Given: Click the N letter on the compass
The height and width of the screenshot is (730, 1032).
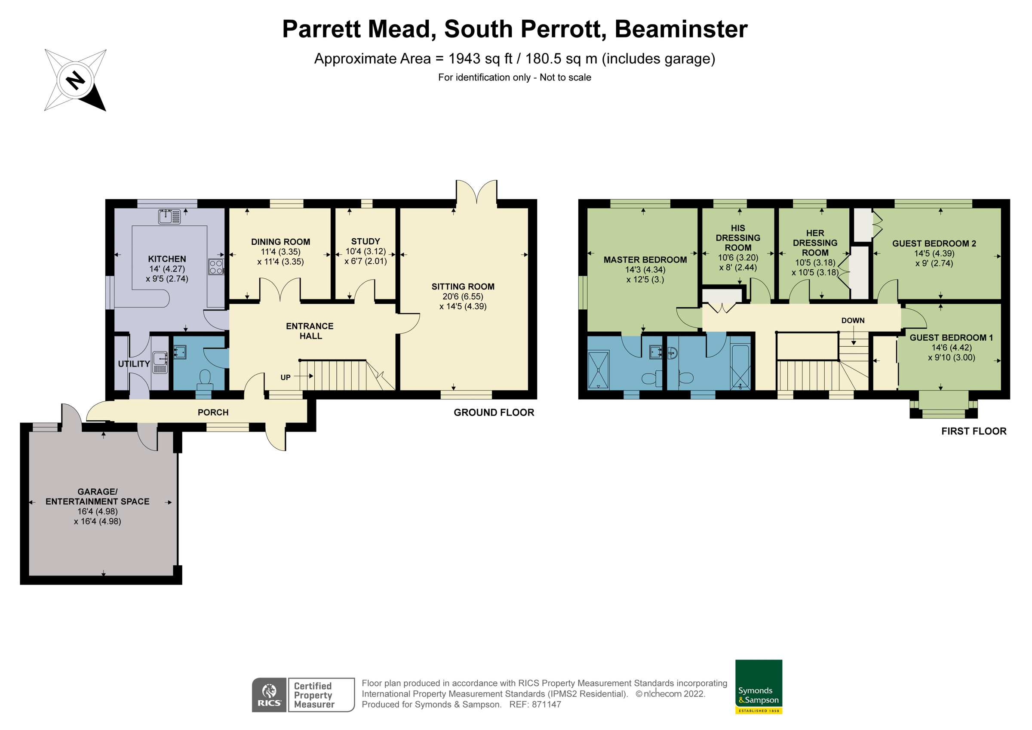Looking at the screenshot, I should [76, 80].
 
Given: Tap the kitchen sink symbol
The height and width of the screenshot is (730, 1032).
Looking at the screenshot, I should [169, 216].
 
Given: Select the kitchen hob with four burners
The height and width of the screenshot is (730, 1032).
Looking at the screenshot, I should [216, 267].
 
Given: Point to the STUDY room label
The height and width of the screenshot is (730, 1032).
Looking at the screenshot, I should [365, 241].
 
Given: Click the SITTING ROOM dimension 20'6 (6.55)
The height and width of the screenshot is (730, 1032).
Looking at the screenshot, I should [463, 296].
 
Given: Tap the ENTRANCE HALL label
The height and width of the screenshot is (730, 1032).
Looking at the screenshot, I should [310, 331].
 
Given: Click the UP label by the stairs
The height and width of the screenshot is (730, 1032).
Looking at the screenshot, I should [286, 377].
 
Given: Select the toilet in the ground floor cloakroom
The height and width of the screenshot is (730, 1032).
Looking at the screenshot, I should [205, 378].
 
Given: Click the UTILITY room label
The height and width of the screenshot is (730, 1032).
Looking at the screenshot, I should [134, 364].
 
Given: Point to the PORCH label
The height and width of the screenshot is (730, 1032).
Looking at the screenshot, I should [213, 413].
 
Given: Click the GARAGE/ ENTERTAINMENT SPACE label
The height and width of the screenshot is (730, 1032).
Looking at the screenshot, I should [98, 496].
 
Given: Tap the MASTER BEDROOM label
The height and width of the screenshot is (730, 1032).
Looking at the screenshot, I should [645, 259].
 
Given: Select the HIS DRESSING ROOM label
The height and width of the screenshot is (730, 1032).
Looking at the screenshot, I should [737, 237].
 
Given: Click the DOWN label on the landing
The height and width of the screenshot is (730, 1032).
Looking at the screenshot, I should [853, 320].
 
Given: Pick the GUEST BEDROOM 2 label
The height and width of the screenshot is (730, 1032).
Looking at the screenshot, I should [934, 243].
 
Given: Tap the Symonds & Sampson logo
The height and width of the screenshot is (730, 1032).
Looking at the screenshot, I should [758, 687].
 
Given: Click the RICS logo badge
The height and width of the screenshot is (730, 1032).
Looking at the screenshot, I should [269, 694].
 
